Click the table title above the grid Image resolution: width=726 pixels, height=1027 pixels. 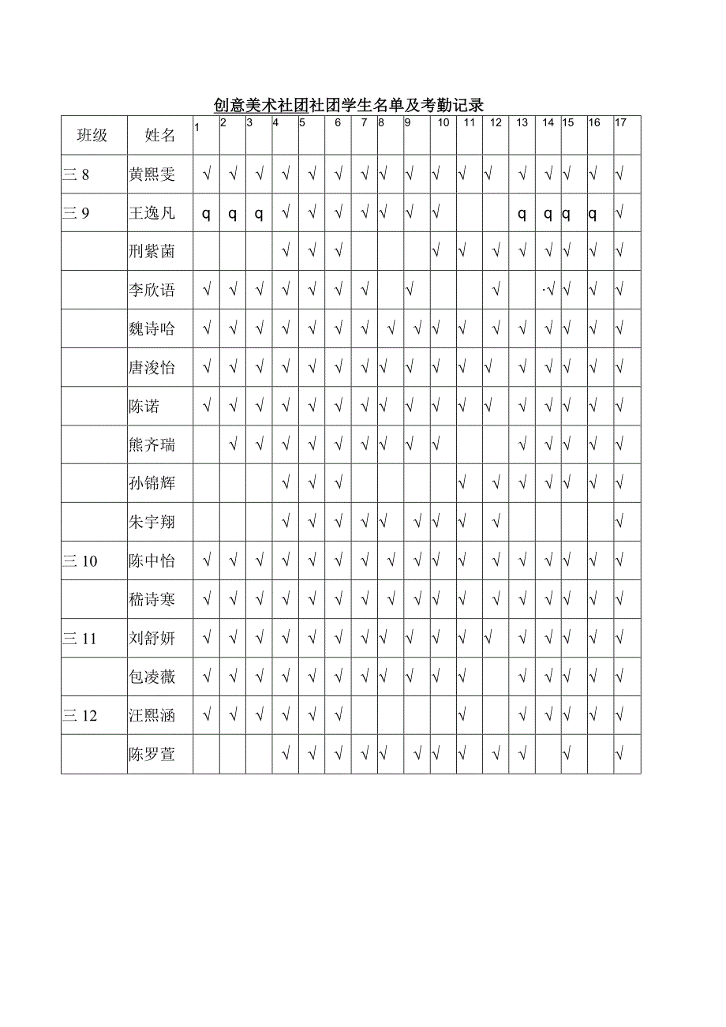(348, 105)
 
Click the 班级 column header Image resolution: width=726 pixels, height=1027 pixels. (92, 135)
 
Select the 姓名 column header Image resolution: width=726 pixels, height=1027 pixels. (160, 135)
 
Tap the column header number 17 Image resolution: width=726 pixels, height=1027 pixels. (621, 122)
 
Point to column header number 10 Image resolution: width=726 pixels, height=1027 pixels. (443, 122)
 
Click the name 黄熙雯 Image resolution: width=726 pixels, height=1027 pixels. (152, 174)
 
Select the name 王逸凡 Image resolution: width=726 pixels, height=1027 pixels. (152, 213)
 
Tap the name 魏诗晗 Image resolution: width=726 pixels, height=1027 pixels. (152, 329)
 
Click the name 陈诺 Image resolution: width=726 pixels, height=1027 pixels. (144, 407)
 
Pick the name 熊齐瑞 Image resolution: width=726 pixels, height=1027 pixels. (152, 445)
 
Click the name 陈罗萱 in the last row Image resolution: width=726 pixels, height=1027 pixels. (152, 755)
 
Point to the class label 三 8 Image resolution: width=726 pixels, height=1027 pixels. (77, 174)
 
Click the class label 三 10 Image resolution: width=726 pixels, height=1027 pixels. (80, 561)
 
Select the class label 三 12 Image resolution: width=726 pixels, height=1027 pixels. (80, 716)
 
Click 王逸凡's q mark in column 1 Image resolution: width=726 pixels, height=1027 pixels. (207, 214)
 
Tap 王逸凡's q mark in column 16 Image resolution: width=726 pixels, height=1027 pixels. (593, 214)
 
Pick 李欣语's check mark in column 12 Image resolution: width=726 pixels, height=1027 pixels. (496, 290)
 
